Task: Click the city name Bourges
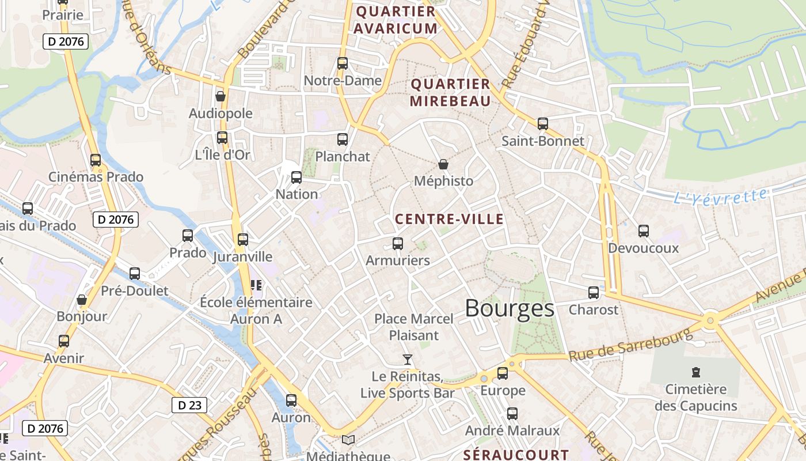pyautogui.click(x=510, y=308)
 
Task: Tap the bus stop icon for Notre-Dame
pyautogui.click(x=343, y=63)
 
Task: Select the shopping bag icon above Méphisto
pyautogui.click(x=443, y=165)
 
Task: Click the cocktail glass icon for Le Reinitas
pyautogui.click(x=408, y=360)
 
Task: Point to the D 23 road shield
pyautogui.click(x=189, y=405)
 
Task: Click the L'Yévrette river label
pyautogui.click(x=720, y=197)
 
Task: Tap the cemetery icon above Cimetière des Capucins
pyautogui.click(x=695, y=372)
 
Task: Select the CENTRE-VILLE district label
pyautogui.click(x=449, y=219)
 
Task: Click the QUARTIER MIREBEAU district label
pyautogui.click(x=450, y=92)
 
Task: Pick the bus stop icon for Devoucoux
pyautogui.click(x=644, y=231)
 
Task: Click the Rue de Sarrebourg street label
pyautogui.click(x=630, y=345)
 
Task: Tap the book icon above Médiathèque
pyautogui.click(x=348, y=440)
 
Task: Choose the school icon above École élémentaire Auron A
pyautogui.click(x=256, y=285)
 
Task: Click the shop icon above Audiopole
pyautogui.click(x=220, y=96)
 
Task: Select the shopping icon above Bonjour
pyautogui.click(x=82, y=300)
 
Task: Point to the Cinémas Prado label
pyautogui.click(x=96, y=177)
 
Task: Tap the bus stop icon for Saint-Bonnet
pyautogui.click(x=542, y=124)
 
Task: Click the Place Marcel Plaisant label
pyautogui.click(x=414, y=327)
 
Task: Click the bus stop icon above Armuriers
pyautogui.click(x=398, y=244)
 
